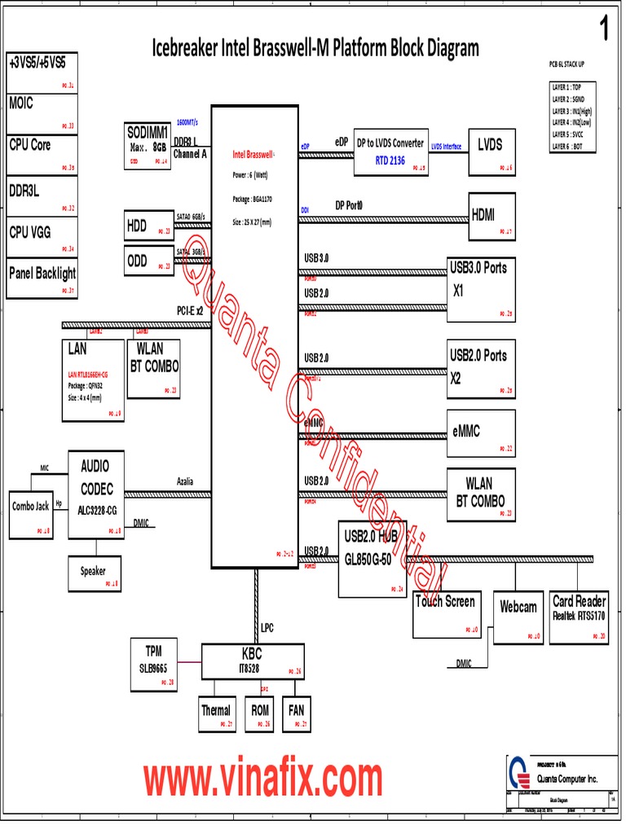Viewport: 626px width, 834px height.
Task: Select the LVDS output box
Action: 492,152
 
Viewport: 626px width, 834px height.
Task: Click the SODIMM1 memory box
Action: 148,145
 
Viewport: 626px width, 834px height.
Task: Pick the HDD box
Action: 148,227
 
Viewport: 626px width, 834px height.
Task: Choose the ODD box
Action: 148,261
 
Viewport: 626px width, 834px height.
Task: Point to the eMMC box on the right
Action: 481,432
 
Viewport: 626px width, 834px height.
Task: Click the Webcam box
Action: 518,617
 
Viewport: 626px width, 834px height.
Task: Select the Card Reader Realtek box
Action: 579,617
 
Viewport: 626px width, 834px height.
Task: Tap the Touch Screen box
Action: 446,613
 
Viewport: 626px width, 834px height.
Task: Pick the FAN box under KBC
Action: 296,714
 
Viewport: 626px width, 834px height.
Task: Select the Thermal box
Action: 217,714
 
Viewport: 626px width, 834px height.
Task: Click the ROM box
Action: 259,714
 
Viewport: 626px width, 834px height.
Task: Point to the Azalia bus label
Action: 185,481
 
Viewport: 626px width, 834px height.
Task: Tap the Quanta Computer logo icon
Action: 517,772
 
